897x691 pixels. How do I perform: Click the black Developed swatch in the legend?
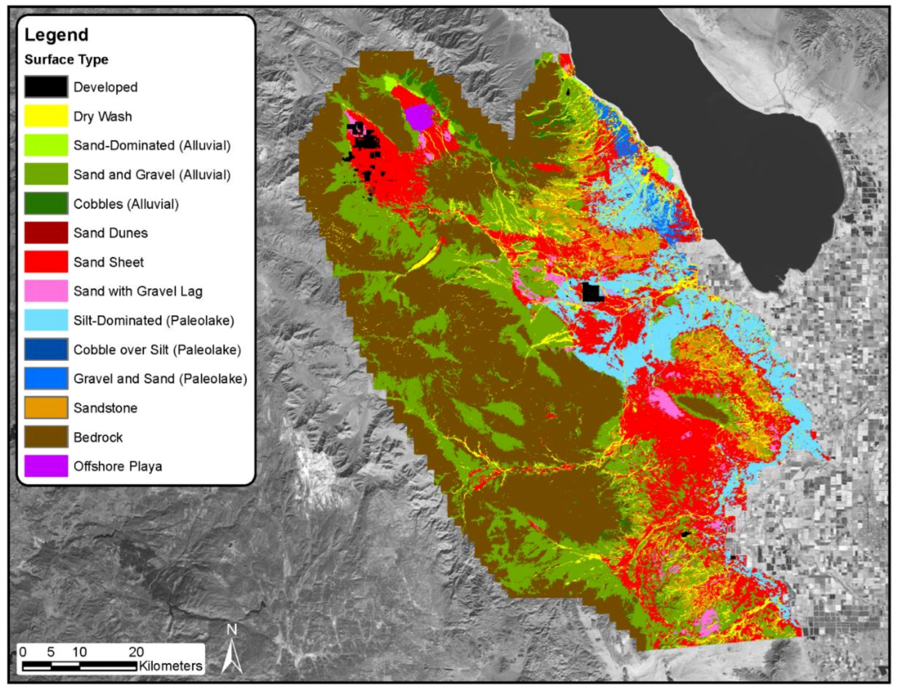[46, 87]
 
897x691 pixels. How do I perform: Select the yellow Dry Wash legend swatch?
[46, 116]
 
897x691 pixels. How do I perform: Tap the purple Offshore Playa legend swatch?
[46, 466]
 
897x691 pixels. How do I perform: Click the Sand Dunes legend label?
[111, 233]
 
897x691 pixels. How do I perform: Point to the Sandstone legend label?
[105, 408]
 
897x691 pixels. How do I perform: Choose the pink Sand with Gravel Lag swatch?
[46, 291]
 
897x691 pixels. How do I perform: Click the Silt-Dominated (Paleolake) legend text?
[153, 320]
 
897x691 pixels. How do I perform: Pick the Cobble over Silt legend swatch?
[46, 349]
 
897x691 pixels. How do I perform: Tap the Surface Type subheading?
[66, 60]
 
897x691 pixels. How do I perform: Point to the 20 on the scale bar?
[136, 652]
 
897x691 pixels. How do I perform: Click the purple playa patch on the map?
[419, 117]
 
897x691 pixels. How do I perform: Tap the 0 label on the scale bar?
[23, 652]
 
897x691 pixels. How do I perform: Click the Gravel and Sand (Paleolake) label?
[160, 379]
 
